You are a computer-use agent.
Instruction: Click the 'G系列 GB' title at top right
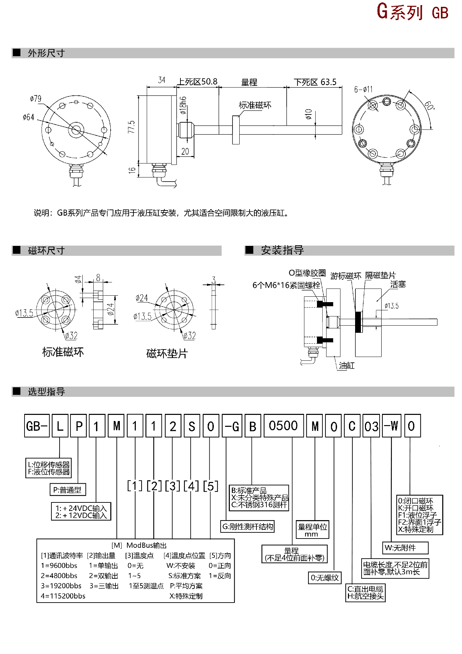[412, 12]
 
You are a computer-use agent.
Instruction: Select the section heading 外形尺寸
[46, 53]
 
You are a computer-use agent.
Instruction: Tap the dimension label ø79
[36, 99]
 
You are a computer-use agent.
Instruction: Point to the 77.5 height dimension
[131, 127]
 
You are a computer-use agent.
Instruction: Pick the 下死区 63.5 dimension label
[315, 82]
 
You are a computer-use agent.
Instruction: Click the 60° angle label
[429, 106]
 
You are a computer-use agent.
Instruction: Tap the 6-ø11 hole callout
[363, 90]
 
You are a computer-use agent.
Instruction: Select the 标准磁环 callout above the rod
[255, 105]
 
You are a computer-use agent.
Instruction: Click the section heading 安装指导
[282, 250]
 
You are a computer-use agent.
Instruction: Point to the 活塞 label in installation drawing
[398, 284]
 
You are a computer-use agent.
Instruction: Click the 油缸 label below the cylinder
[347, 366]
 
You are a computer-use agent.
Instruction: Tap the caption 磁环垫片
[167, 354]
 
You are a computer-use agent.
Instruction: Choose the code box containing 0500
[283, 426]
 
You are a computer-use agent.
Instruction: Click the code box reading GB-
[37, 426]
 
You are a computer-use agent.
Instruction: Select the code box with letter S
[192, 426]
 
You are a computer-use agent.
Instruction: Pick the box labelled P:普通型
[67, 490]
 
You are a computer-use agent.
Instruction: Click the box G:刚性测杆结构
[248, 527]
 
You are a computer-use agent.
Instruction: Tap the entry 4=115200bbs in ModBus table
[63, 596]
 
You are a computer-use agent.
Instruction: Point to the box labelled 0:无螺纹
[324, 578]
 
